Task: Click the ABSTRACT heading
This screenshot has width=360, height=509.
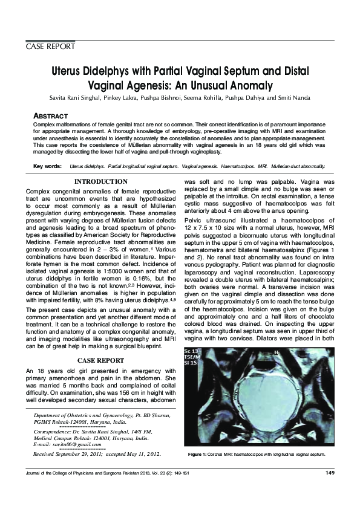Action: (50, 115)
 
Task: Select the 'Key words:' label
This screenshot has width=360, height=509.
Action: (47, 166)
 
